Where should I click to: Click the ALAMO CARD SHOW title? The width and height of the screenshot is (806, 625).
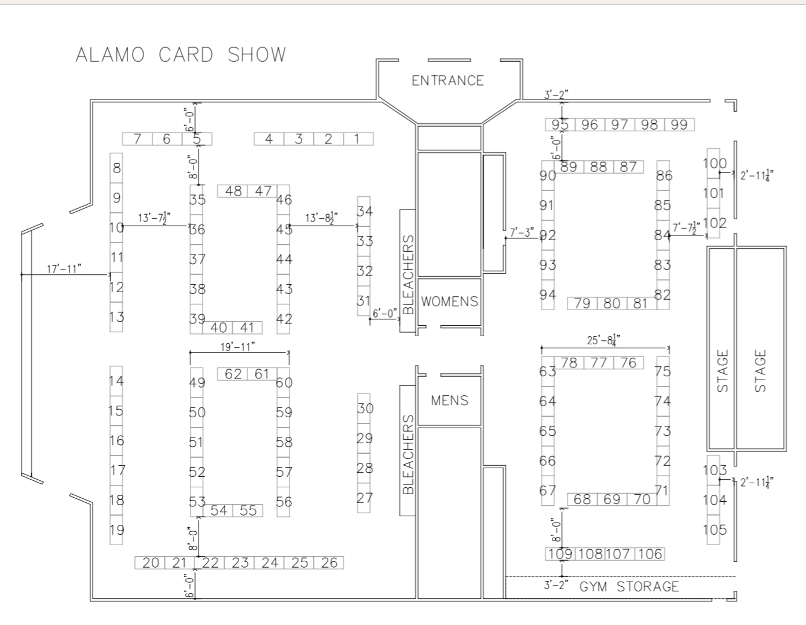(x=181, y=54)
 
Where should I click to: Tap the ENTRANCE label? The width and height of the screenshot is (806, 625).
(x=448, y=80)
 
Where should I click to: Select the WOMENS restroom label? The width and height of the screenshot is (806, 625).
(x=449, y=302)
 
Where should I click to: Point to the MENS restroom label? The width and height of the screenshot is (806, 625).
(x=449, y=400)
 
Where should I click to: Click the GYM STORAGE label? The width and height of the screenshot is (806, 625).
(x=629, y=587)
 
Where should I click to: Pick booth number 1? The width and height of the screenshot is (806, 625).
(x=358, y=139)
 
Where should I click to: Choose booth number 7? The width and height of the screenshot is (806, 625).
(x=137, y=139)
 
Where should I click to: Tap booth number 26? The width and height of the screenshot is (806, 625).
(x=329, y=562)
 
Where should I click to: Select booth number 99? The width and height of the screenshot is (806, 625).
(x=679, y=124)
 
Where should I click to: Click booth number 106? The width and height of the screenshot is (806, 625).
(x=650, y=554)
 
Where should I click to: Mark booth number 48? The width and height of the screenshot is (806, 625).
(x=233, y=191)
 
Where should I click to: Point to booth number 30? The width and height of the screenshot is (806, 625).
(x=365, y=408)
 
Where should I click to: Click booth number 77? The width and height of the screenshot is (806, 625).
(x=599, y=363)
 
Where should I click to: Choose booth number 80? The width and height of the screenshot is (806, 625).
(x=611, y=303)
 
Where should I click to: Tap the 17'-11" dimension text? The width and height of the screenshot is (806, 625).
(x=64, y=269)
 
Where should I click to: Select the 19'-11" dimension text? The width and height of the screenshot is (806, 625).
(x=237, y=347)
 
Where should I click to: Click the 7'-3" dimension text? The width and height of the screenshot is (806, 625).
(x=522, y=233)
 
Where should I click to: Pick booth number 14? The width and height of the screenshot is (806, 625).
(x=116, y=381)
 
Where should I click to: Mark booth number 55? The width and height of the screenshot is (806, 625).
(x=248, y=510)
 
